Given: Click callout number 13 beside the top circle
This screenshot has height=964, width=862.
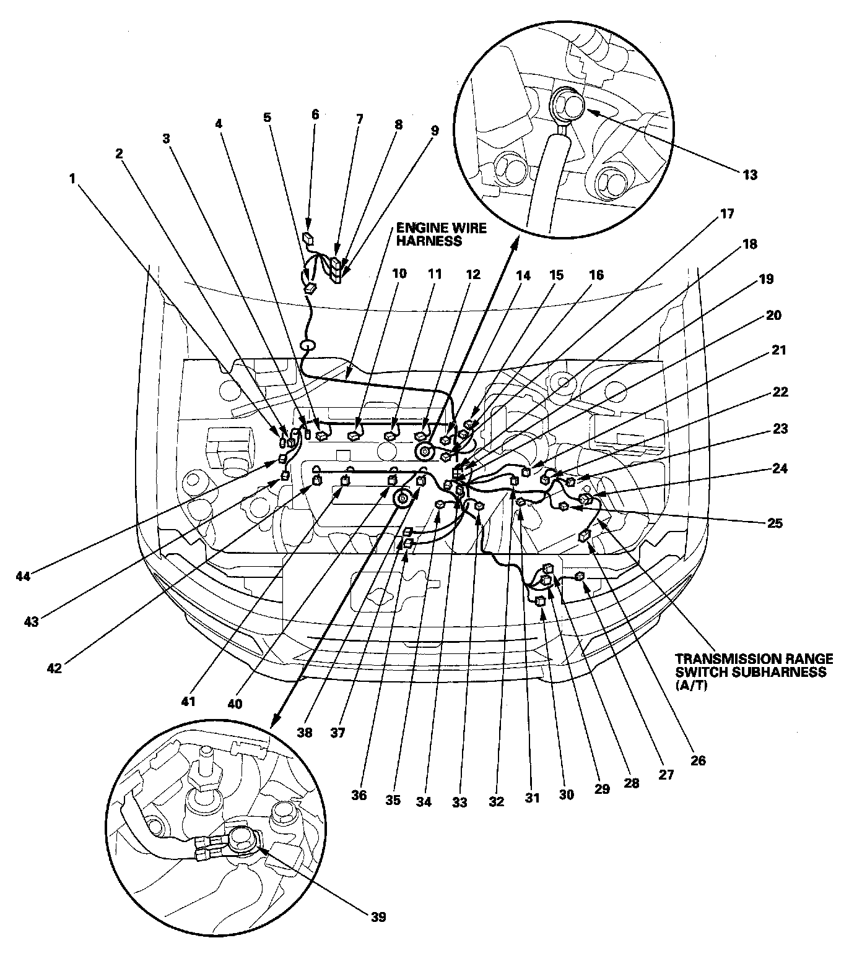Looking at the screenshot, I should click(x=749, y=175).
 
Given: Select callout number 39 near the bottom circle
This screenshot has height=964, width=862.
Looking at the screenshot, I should click(x=378, y=916).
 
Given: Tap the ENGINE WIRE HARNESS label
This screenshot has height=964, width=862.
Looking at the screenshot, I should click(x=442, y=235).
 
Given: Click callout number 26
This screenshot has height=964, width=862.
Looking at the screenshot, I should click(x=697, y=760).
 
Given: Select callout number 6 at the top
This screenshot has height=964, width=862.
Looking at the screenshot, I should click(x=315, y=114).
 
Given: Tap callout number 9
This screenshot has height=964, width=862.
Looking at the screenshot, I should click(x=434, y=131).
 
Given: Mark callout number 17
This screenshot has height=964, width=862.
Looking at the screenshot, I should click(x=726, y=214).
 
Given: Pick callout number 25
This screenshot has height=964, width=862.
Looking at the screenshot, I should click(x=775, y=523).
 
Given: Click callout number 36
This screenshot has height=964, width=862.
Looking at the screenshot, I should click(x=359, y=796).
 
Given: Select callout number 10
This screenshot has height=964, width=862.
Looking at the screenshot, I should click(x=399, y=273).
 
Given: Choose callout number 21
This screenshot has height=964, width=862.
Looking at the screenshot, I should click(x=778, y=350).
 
